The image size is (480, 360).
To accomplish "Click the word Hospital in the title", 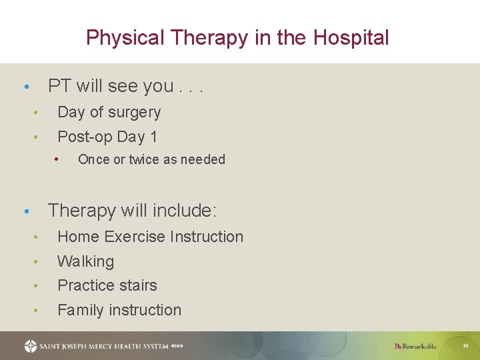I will [351, 37].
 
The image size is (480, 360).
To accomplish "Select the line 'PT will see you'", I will [125, 86].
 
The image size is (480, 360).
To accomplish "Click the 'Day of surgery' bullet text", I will [109, 112].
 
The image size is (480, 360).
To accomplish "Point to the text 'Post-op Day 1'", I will [107, 137].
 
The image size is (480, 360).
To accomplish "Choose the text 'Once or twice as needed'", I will [151, 159].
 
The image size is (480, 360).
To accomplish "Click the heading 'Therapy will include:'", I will [133, 211].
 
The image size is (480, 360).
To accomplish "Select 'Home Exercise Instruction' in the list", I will [151, 237].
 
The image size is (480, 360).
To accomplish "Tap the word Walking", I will [86, 261].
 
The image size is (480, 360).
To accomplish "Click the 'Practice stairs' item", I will [107, 285].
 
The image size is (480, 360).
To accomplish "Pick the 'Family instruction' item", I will [119, 310].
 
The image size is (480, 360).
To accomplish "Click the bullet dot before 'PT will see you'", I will [25, 87].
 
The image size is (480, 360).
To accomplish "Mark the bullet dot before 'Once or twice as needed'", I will [58, 159].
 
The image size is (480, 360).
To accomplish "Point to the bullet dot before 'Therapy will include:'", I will [25, 212].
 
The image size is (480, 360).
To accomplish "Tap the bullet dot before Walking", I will [39, 262].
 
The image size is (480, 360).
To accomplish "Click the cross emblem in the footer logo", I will [31, 346].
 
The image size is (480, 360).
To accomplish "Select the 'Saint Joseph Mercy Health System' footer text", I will [103, 346].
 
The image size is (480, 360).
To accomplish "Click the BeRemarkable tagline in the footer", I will [415, 346].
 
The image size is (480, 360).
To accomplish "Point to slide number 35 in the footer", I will [466, 346].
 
